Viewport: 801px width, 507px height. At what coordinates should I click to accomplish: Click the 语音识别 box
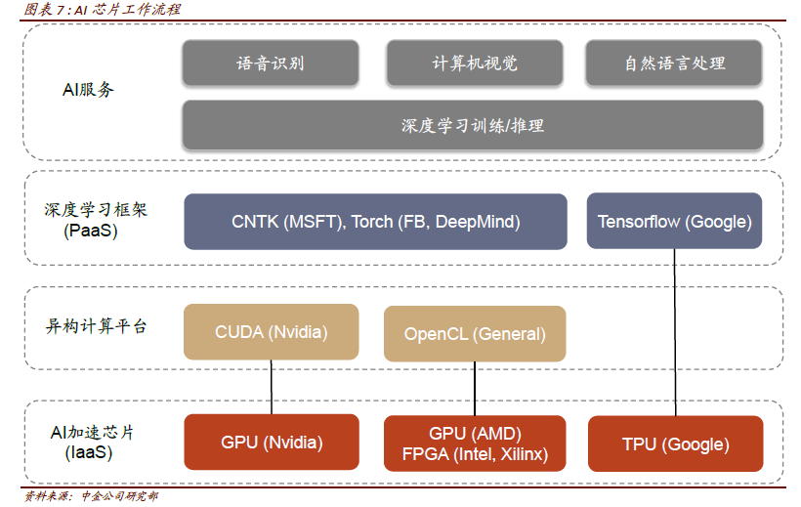[271, 63]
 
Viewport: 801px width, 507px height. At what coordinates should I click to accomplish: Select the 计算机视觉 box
[475, 63]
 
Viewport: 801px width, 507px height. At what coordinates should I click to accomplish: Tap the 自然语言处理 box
[674, 63]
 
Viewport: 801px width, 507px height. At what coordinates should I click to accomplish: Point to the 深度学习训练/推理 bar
[473, 125]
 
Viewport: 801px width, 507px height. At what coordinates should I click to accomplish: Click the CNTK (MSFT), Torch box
[375, 222]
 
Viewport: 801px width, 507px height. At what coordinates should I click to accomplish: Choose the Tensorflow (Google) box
[674, 221]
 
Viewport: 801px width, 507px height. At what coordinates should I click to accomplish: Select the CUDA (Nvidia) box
[272, 332]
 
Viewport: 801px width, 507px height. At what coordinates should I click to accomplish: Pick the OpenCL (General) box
[475, 334]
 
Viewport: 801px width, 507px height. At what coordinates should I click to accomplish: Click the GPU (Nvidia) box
[272, 443]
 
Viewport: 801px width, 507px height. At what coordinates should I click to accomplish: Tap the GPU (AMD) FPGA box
[475, 444]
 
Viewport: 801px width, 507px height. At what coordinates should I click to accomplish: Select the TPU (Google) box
[675, 444]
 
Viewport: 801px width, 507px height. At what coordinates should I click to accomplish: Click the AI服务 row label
[88, 90]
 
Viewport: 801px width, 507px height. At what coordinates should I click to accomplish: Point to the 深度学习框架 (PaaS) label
[95, 220]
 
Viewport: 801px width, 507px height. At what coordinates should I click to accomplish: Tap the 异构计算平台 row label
[96, 325]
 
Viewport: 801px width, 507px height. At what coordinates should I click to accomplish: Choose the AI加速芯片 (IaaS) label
[92, 443]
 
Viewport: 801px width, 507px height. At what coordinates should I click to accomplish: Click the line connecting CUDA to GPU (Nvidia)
[272, 387]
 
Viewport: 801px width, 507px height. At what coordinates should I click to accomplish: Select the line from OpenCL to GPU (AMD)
[475, 389]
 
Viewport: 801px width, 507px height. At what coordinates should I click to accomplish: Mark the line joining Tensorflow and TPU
[675, 332]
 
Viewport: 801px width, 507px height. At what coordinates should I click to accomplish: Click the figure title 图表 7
[103, 9]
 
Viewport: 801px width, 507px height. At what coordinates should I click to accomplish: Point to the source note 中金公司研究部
[119, 495]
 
